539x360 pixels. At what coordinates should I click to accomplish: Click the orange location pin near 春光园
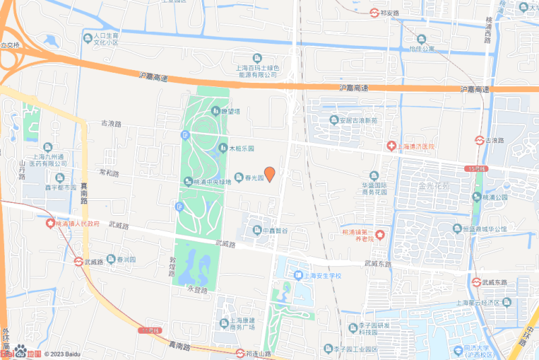tap(269, 173)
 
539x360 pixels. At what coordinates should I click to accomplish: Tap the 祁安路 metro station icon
tap(375, 12)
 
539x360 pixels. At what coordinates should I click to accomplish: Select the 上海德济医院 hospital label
tap(410, 146)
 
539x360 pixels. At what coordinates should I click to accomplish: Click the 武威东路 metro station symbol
tap(476, 282)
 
